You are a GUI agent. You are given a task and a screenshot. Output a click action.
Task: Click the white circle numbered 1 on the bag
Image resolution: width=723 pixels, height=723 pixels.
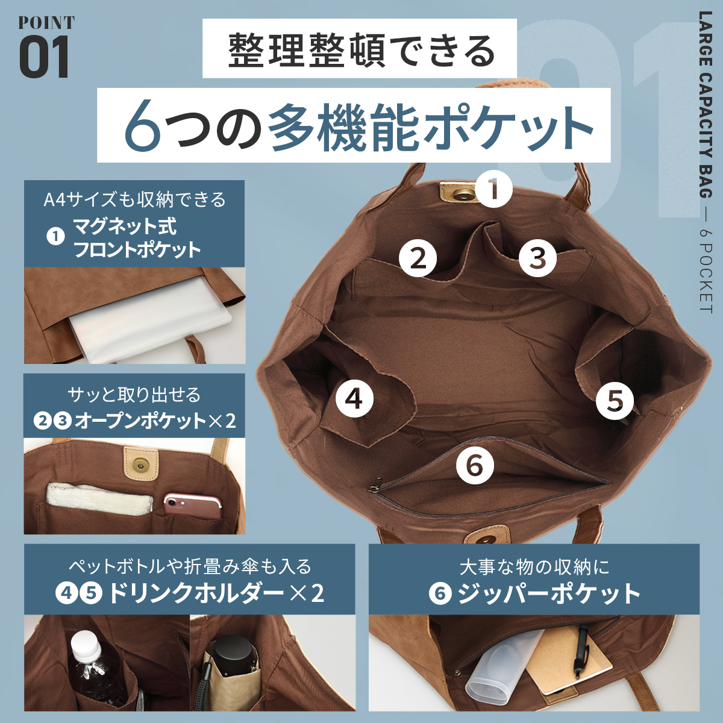click(494, 189)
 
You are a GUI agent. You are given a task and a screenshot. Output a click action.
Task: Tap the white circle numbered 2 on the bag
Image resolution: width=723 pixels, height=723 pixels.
click(418, 258)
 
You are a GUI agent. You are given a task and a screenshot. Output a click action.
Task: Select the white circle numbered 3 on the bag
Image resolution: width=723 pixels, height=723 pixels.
click(537, 258)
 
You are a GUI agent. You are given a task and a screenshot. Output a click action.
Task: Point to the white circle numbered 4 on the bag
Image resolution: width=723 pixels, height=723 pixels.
click(354, 398)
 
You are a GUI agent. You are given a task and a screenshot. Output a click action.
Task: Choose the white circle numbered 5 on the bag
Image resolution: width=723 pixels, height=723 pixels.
click(615, 400)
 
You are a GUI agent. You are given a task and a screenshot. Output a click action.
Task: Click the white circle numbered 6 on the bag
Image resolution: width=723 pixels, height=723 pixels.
click(475, 466)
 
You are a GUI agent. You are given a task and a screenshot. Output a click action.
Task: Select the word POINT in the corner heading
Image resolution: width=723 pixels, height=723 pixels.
click(46, 22)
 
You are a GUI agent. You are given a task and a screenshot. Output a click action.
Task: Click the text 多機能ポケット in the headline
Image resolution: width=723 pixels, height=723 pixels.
click(431, 125)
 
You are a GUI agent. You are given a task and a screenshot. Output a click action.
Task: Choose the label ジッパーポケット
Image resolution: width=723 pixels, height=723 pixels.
click(549, 594)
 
